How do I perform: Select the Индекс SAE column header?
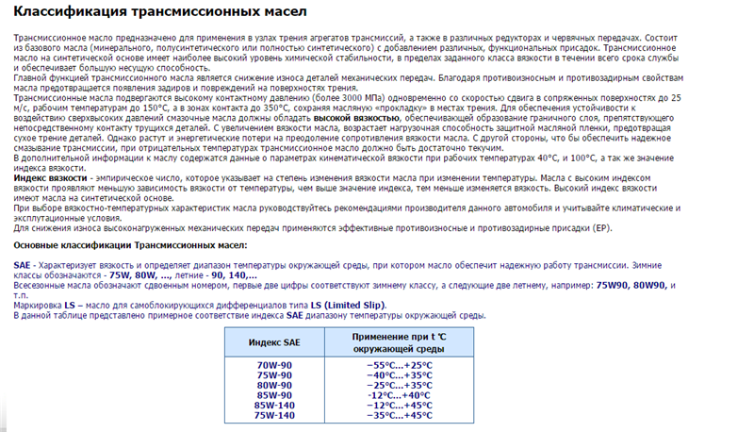pyautogui.click(x=274, y=341)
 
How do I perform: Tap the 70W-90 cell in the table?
pyautogui.click(x=274, y=364)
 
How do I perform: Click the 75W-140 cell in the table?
pyautogui.click(x=274, y=416)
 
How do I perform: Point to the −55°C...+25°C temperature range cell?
pyautogui.click(x=399, y=364)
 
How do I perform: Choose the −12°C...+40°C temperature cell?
pyautogui.click(x=399, y=395)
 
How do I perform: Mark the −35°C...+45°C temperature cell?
pyautogui.click(x=399, y=416)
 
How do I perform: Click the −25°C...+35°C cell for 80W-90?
pyautogui.click(x=399, y=385)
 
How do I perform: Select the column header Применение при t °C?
pyautogui.click(x=399, y=337)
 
